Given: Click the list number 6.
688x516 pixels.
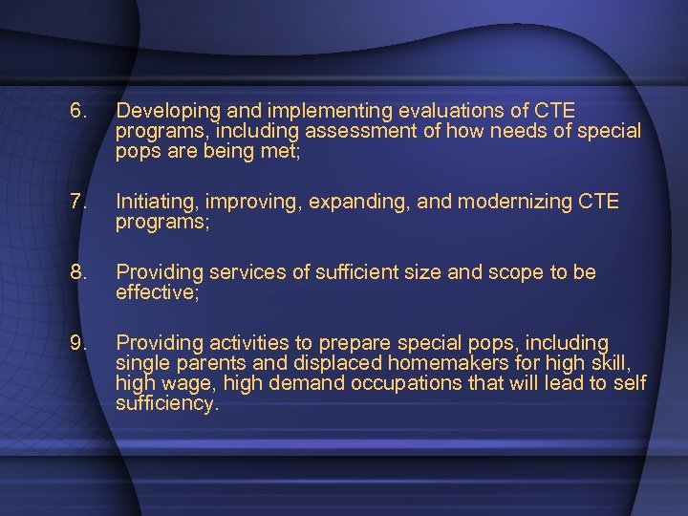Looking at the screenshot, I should pyautogui.click(x=77, y=111).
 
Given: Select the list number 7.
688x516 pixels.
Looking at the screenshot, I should pyautogui.click(x=77, y=202).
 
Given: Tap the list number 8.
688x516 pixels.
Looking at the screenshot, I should pyautogui.click(x=77, y=272).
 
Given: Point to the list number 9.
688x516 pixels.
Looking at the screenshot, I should pyautogui.click(x=77, y=342).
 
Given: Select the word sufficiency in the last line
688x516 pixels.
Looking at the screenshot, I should pyautogui.click(x=166, y=403).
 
